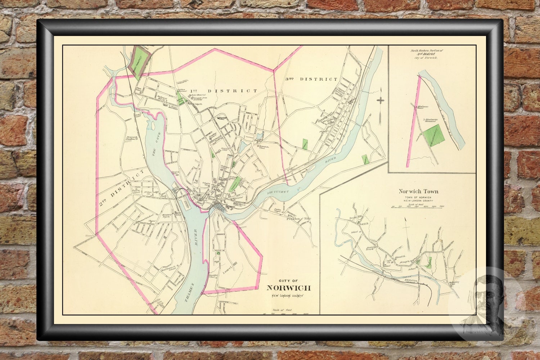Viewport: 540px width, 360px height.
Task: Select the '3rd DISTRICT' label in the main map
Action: coord(312,79)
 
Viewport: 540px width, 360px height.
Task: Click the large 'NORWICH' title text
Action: coord(288,288)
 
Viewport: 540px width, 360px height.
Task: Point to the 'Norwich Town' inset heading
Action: coord(418,192)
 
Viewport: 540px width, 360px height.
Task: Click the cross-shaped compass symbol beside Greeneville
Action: coord(380,100)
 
